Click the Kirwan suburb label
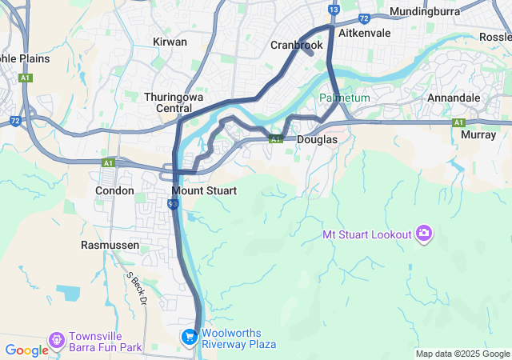[170, 42]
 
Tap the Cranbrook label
[296, 46]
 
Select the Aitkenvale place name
[364, 34]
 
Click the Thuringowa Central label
[168, 102]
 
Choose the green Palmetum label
[345, 98]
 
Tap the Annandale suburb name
[454, 98]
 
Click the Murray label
[479, 135]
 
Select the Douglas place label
[317, 139]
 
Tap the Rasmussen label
[110, 244]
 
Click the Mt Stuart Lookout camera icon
[423, 234]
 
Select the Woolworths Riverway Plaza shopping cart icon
[190, 338]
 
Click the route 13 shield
[334, 10]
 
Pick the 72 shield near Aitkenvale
[364, 17]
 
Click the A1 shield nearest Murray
[458, 122]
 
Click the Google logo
[27, 350]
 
